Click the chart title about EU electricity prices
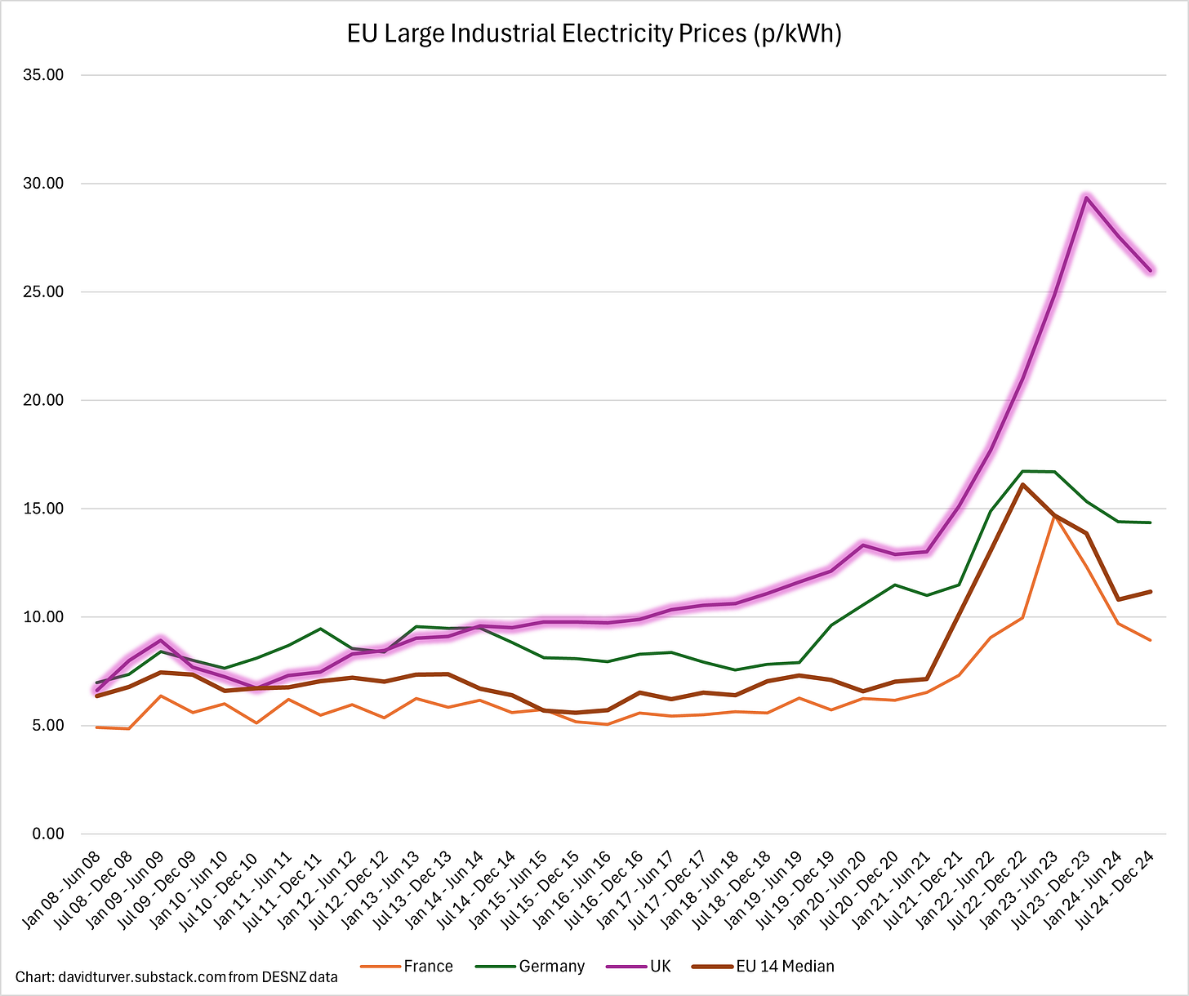[x=594, y=34]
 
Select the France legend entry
[x=427, y=967]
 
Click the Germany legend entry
[x=551, y=967]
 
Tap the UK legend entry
[x=659, y=967]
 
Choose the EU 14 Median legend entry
[x=784, y=967]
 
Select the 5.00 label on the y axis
[x=50, y=726]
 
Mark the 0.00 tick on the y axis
[x=50, y=834]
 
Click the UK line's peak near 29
[x=1086, y=198]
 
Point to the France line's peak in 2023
[x=1054, y=516]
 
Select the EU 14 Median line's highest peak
[x=1022, y=485]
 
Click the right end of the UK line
[x=1150, y=270]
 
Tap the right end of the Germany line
[x=1150, y=522]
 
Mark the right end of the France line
[x=1150, y=640]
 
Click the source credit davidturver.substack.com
[x=176, y=976]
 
